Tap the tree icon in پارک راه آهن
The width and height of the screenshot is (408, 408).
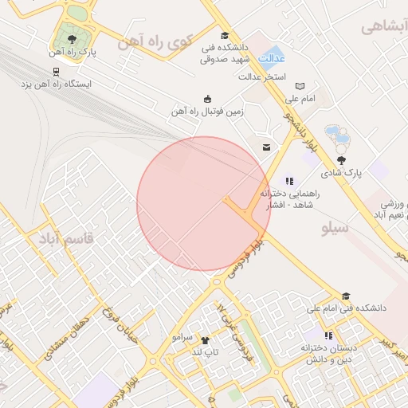pyautogui.click(x=73, y=37)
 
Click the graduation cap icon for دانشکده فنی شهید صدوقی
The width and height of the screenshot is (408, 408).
pyautogui.click(x=225, y=35)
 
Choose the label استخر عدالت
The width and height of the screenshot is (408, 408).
pyautogui.click(x=263, y=77)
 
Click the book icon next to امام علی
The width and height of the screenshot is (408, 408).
pyautogui.click(x=300, y=86)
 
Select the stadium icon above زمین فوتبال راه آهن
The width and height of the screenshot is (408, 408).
pyautogui.click(x=208, y=99)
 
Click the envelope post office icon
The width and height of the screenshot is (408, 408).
pyautogui.click(x=265, y=147)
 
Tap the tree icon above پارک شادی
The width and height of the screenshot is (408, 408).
pyautogui.click(x=342, y=159)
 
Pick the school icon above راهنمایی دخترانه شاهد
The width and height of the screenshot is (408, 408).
pyautogui.click(x=289, y=181)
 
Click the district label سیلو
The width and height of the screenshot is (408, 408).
pyautogui.click(x=335, y=229)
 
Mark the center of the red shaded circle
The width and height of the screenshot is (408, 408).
pyautogui.click(x=204, y=203)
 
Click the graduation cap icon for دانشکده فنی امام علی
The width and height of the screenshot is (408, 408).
pyautogui.click(x=345, y=296)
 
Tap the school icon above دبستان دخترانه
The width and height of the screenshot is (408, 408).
pyautogui.click(x=329, y=335)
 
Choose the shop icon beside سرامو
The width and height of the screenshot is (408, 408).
pyautogui.click(x=205, y=339)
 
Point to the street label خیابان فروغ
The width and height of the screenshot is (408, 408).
pyautogui.click(x=130, y=320)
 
